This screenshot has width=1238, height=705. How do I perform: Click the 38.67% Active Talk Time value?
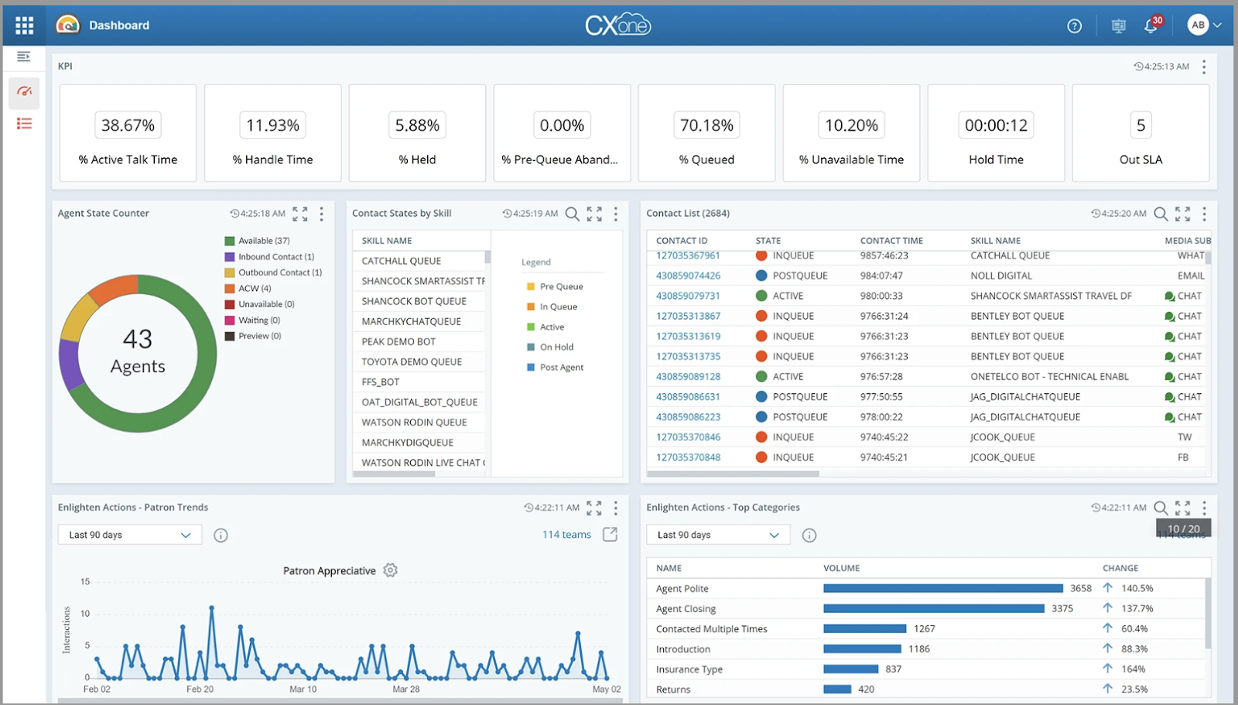coord(128,125)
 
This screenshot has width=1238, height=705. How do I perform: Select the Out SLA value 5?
coord(1141,125)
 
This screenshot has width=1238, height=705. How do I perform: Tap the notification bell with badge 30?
coord(1151,26)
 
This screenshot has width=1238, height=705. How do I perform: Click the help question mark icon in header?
coord(1074,26)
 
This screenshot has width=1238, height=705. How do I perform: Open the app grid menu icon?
coord(24,26)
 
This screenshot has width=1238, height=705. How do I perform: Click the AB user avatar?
coord(1198,25)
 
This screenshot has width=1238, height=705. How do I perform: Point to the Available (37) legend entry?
coord(263,241)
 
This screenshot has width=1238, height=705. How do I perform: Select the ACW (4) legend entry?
coord(254,289)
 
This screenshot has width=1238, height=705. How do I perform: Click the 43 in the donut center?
coord(138,339)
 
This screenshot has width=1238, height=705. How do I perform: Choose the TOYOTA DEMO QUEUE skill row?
coord(412,361)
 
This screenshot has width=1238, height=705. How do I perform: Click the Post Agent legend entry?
coord(561,368)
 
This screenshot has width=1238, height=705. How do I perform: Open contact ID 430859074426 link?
coord(688,275)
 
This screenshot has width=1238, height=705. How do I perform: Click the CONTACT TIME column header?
coord(891,241)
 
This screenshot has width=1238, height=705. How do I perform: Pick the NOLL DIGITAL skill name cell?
coord(1001,275)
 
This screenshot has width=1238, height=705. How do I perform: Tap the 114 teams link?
coord(566,535)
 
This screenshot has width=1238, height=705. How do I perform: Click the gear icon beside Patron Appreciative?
coord(391,570)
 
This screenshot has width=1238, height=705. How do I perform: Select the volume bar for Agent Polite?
coord(942,588)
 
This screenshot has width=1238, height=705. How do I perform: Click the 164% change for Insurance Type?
coord(1133,669)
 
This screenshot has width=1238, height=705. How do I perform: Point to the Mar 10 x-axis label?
coord(303,689)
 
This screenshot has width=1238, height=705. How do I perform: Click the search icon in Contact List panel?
coord(1161,214)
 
